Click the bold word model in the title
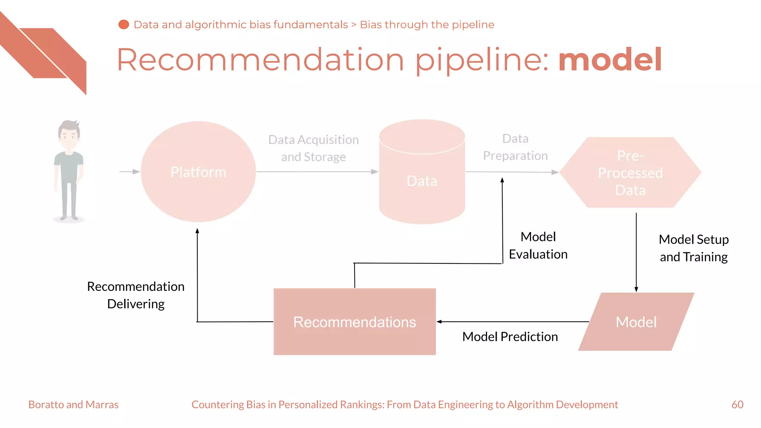610,59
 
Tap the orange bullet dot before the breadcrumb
123,25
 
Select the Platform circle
198,172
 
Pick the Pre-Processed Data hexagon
630,172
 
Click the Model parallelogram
636,322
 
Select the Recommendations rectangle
354,322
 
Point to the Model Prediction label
510,337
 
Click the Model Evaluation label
538,246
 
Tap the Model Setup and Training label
693,248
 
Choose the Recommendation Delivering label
136,295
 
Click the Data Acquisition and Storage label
313,148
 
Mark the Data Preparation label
515,147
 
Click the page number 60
737,404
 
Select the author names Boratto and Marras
73,404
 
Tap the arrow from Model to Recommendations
513,322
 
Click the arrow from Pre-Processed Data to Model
636,253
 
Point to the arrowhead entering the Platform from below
197,231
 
